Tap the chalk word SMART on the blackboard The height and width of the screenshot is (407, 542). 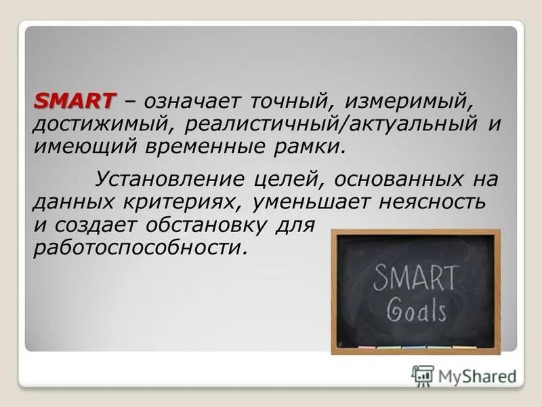pyautogui.click(x=415, y=277)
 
